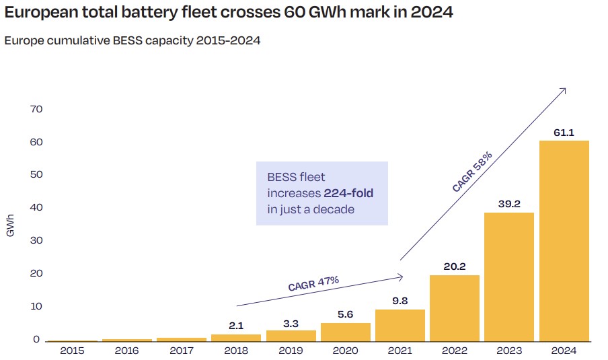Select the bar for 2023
[509, 277]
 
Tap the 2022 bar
[455, 308]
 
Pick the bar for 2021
[400, 325]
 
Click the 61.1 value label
[564, 133]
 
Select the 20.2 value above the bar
[455, 266]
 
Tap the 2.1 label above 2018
[236, 326]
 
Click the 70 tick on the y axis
[36, 109]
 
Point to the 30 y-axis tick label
[36, 241]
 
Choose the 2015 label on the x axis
[72, 351]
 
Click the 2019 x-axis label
[291, 351]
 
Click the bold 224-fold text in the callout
[348, 193]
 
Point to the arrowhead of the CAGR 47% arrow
[401, 276]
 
